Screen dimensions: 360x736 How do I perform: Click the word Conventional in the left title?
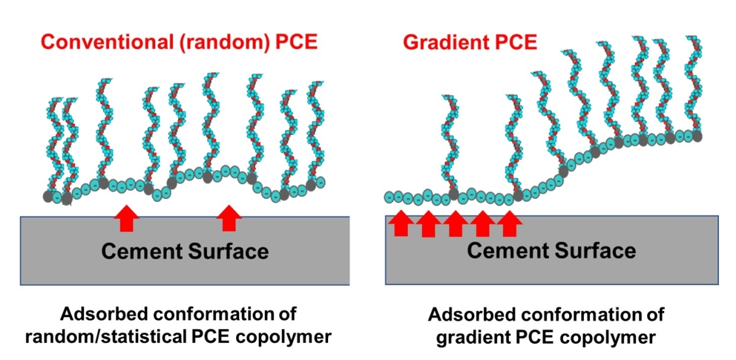tap(91, 43)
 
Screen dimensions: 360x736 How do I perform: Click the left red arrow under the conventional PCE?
tap(125, 218)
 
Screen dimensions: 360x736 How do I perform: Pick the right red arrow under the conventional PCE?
tap(229, 218)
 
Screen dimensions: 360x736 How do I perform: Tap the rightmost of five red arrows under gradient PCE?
tap(509, 224)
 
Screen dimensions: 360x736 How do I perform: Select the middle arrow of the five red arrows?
tap(455, 224)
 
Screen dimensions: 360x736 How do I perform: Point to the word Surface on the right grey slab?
tap(594, 251)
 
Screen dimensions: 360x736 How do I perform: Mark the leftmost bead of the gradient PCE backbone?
tap(390, 197)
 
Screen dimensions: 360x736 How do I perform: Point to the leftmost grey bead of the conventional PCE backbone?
tap(48, 196)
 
